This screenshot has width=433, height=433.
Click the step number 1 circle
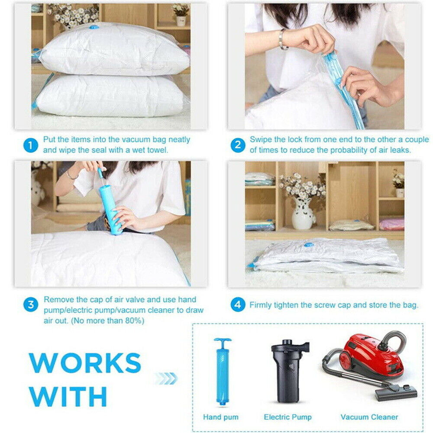(30, 145)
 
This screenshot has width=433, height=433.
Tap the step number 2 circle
(237, 145)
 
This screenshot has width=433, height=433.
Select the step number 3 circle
(30, 304)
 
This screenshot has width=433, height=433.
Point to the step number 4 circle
(237, 305)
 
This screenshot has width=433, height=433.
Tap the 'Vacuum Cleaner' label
(369, 417)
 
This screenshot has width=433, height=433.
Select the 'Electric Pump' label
(288, 417)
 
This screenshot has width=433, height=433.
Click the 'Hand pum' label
(221, 417)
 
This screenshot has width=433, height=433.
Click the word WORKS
(86, 362)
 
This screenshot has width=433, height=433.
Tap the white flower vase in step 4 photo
(303, 214)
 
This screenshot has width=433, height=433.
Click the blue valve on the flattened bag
(308, 245)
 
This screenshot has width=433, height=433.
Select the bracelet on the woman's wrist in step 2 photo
(282, 39)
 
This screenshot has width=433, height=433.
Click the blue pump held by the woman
(110, 208)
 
